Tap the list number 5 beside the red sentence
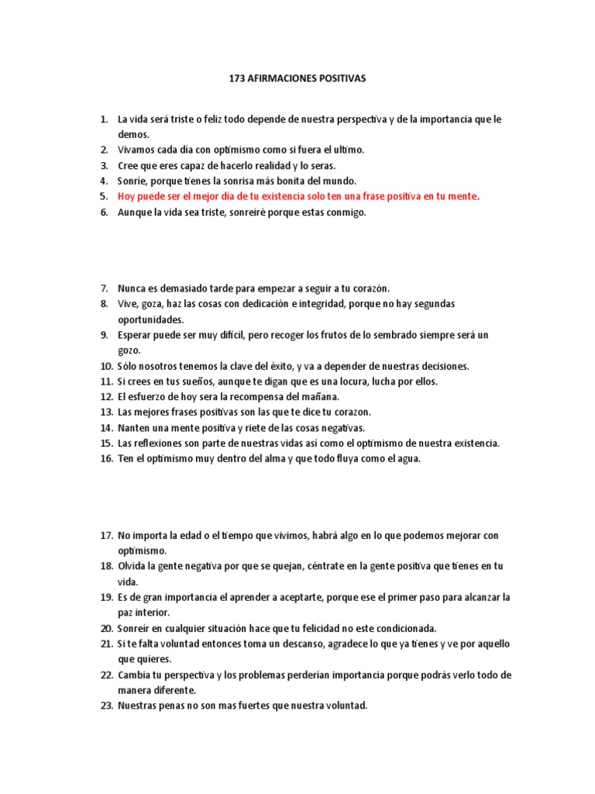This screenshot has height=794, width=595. click(x=104, y=196)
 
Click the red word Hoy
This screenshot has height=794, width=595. click(x=127, y=196)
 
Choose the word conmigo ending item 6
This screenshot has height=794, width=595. click(x=340, y=212)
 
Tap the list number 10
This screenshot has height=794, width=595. click(x=106, y=366)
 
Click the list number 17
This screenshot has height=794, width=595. click(x=106, y=535)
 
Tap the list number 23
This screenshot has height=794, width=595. click(x=106, y=706)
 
